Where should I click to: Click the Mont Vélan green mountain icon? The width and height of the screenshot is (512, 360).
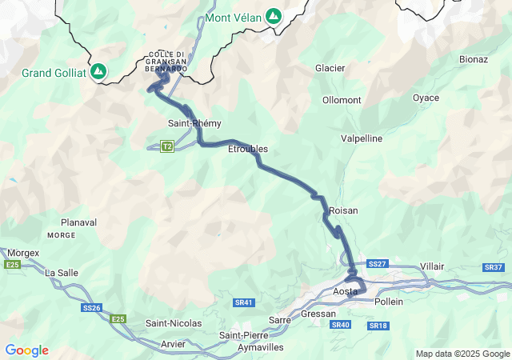coord(274,15)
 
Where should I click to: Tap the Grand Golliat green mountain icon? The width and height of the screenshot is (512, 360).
coord(98,71)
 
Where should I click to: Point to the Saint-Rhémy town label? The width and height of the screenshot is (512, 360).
coord(194,123)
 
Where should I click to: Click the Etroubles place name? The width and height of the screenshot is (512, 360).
coord(248,149)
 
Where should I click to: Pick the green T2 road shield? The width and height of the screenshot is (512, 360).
coord(167,146)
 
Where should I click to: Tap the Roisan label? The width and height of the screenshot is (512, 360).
coord(343,210)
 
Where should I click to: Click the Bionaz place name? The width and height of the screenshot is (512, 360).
coord(474,59)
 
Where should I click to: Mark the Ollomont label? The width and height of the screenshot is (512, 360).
coord(342,100)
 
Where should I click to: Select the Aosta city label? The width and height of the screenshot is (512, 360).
coord(346,292)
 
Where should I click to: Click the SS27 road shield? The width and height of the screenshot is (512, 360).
coord(378,263)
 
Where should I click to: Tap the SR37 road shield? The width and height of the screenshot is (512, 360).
coord(494,266)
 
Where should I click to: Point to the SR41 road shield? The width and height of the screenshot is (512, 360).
coord(244,302)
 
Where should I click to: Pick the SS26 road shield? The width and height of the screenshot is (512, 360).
coord(91,308)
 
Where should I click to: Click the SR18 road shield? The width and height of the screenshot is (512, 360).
coord(378,326)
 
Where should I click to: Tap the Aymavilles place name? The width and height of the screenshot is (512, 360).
coord(261,348)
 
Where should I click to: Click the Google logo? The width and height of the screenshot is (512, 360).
coord(26,350)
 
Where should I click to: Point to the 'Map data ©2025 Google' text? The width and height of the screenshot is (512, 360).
coord(462,354)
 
